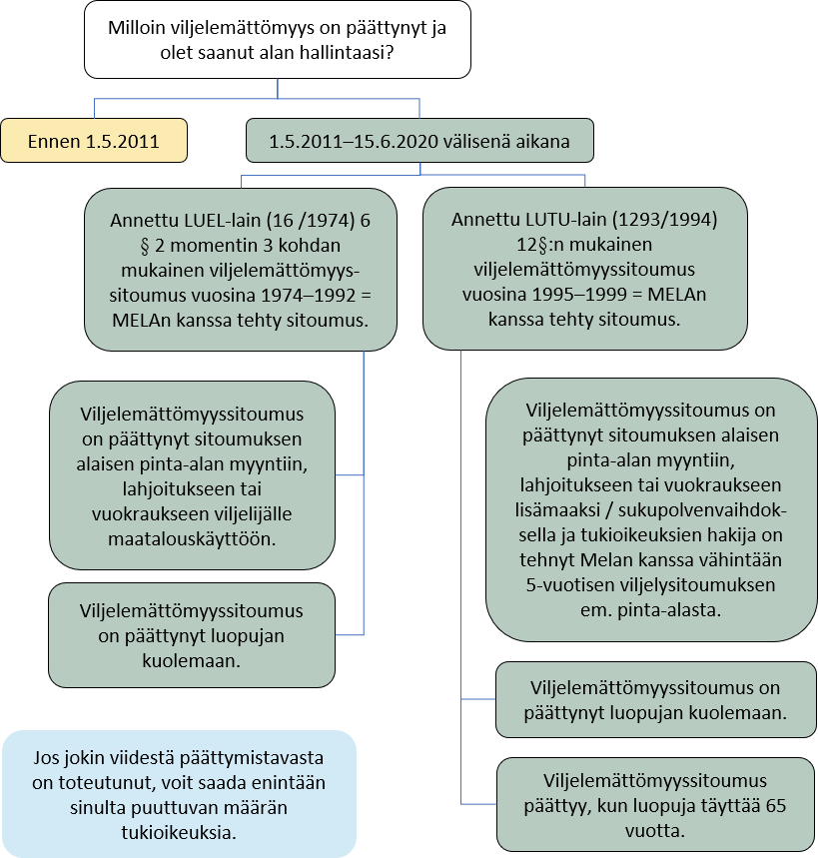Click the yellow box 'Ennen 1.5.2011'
pyautogui.click(x=94, y=141)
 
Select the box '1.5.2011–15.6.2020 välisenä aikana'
pyautogui.click(x=419, y=141)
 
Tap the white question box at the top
pyautogui.click(x=277, y=40)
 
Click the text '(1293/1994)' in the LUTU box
pyautogui.click(x=666, y=219)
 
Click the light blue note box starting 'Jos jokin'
pyautogui.click(x=180, y=793)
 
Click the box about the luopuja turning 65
pyautogui.click(x=654, y=805)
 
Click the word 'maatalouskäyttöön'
pyautogui.click(x=192, y=537)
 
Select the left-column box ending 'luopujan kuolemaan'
pyautogui.click(x=191, y=635)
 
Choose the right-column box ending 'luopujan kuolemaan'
pyautogui.click(x=654, y=700)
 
